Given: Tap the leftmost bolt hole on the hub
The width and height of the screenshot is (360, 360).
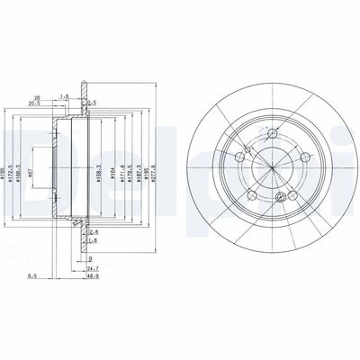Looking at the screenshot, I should pos(237,158).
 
